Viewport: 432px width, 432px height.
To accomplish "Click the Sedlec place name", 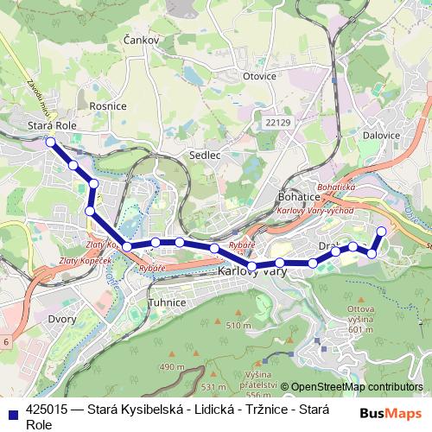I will [205, 156].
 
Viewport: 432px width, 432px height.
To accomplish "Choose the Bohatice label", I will [300, 197].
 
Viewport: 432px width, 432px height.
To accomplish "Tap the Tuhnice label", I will [168, 303].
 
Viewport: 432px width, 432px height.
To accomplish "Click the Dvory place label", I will [38, 320].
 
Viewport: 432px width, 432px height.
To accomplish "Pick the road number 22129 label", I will [278, 124].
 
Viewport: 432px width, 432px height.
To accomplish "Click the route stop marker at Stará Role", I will [50, 142].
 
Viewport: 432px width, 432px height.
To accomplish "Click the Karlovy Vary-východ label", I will [310, 211].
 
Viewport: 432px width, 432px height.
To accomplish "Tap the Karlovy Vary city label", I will [251, 271].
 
